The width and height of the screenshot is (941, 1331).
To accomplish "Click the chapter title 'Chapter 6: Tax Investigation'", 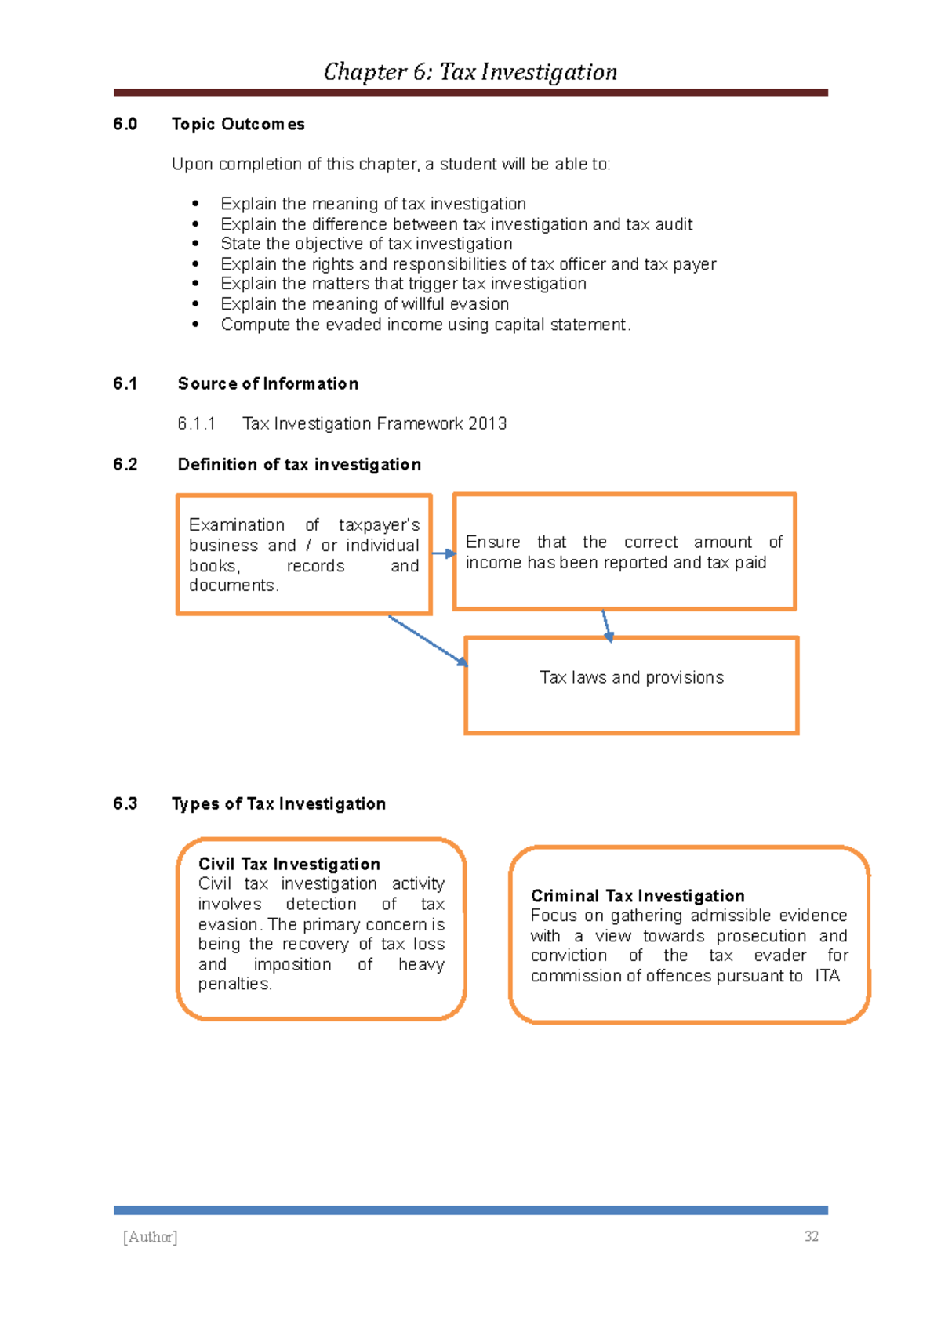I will point(470,72).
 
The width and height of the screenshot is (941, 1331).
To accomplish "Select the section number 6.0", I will point(125,124).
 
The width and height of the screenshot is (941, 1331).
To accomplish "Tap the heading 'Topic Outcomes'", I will point(238,124).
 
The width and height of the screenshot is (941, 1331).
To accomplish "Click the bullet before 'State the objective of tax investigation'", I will point(195,245).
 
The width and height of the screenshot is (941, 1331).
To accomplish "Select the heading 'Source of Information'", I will point(268,383).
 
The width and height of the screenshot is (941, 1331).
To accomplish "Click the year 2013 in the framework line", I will point(487,423).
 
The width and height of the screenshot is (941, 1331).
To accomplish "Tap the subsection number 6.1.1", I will point(196,423).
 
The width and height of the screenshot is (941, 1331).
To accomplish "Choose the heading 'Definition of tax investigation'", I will point(299,464).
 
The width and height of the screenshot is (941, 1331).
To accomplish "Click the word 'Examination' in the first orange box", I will point(236,524).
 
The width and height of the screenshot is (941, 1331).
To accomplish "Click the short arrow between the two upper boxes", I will point(443,553).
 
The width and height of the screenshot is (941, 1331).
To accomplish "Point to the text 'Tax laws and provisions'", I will point(631,677).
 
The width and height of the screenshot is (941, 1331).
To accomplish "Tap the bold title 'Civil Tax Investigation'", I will point(289,864).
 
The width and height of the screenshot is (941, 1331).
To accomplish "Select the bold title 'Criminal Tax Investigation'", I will point(638,895).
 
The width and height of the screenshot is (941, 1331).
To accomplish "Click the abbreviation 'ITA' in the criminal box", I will point(827,976).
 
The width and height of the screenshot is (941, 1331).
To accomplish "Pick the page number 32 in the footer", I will point(811,1236).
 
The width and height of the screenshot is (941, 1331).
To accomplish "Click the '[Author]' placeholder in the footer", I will point(151,1236).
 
